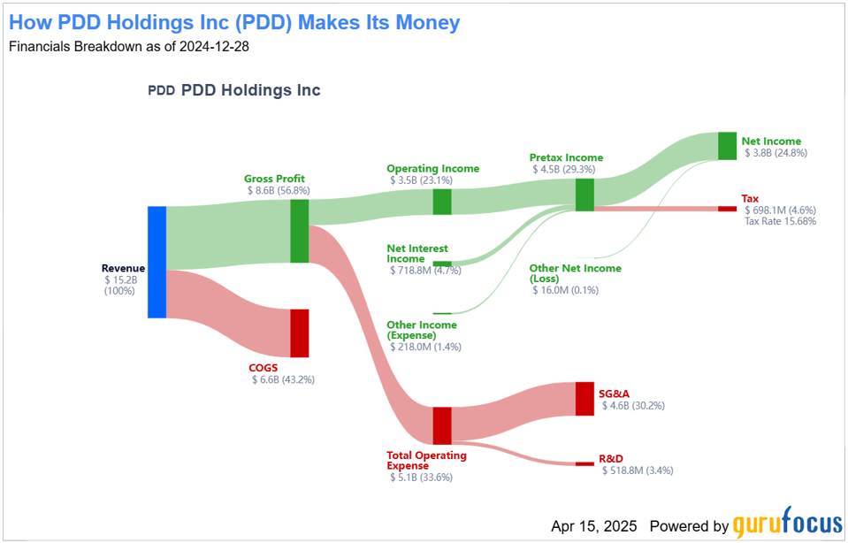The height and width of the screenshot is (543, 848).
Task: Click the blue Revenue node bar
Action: tap(157, 262)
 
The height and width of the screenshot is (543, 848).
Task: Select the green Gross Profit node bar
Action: tap(300, 231)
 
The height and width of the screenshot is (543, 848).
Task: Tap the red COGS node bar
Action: tap(300, 333)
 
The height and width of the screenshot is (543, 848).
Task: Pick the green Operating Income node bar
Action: tap(442, 202)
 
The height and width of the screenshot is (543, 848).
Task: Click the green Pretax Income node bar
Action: tap(584, 195)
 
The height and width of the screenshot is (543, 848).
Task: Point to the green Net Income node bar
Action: tap(727, 146)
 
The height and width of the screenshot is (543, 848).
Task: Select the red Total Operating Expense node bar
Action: tap(442, 425)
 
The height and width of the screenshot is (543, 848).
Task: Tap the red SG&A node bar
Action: tap(584, 399)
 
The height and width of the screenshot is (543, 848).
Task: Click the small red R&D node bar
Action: tap(584, 463)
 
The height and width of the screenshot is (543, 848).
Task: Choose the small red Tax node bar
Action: tap(727, 209)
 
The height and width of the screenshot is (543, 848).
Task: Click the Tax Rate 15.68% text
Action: tap(781, 221)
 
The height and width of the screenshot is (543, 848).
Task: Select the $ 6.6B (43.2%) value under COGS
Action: tap(283, 379)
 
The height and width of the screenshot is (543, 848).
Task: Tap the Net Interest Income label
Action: tap(417, 254)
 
